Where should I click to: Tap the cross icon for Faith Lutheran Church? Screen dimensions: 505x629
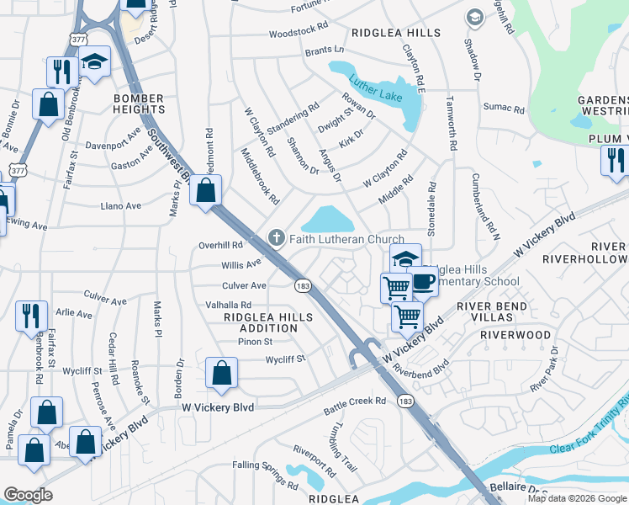coord(275,239)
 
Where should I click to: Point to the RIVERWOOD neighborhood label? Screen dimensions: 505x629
coord(515,335)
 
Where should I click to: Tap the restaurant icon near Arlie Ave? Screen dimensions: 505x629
coord(31,315)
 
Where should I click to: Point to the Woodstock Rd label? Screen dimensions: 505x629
coord(299,33)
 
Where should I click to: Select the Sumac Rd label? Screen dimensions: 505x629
coord(504,109)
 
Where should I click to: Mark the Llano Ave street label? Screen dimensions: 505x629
coord(120,205)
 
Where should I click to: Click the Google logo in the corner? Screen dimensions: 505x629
coord(29,495)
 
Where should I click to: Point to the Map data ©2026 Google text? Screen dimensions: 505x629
coord(576,498)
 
